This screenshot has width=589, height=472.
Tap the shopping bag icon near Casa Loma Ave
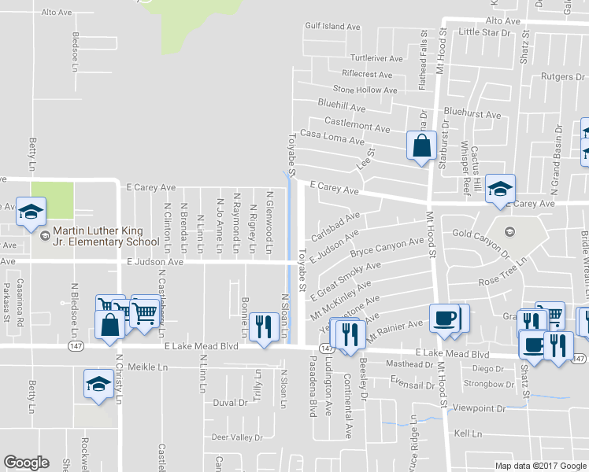tap(421, 146)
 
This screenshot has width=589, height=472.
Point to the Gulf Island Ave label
tap(332, 27)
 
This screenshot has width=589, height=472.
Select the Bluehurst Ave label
tap(472, 115)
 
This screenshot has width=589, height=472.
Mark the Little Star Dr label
tap(484, 32)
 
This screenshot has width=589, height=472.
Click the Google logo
tap(26, 463)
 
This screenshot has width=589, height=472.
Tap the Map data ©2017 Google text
tap(540, 466)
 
